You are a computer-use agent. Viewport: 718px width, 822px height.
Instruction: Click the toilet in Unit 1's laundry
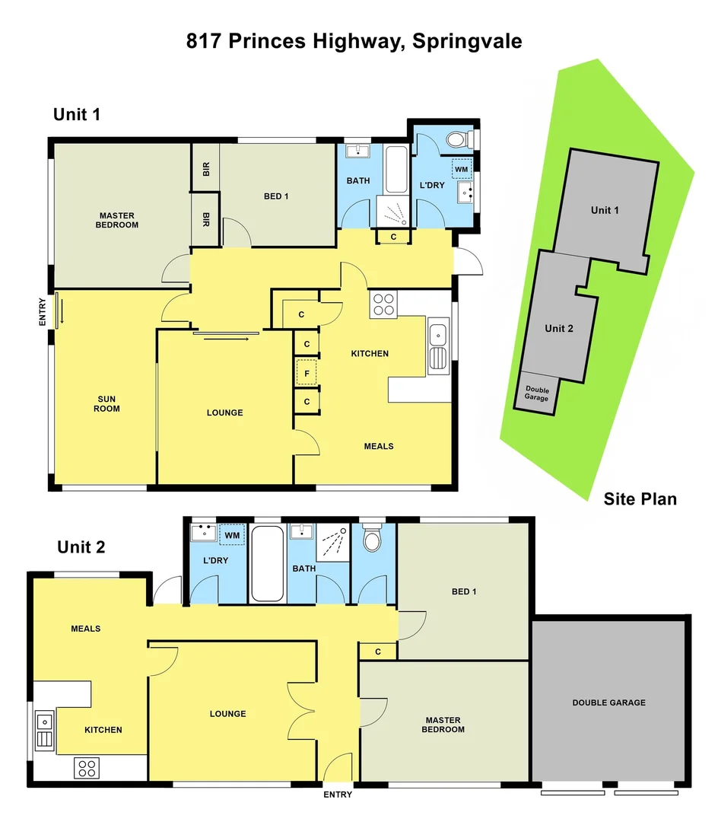[456, 140]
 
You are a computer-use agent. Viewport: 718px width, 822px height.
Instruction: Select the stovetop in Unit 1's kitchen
[383, 304]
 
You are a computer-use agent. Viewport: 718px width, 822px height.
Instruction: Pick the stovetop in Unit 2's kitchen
[87, 767]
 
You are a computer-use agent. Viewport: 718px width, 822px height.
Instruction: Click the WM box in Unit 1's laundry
[462, 168]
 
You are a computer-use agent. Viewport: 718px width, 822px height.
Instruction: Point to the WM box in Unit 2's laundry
[232, 536]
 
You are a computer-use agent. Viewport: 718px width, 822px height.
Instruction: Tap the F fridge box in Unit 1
[306, 374]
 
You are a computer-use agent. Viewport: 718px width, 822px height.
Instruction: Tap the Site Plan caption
[640, 499]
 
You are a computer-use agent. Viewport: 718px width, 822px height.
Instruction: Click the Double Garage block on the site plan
[537, 393]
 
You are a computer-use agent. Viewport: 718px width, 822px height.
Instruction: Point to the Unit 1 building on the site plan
[605, 209]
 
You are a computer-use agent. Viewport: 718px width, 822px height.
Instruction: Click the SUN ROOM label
[108, 403]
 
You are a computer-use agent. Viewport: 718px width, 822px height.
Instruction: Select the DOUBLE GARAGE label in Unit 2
[608, 703]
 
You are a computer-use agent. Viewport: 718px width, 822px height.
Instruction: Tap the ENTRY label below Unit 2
[338, 795]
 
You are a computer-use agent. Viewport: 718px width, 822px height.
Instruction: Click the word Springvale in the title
[467, 41]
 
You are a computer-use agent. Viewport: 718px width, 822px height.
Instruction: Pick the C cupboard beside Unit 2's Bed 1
[378, 652]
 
